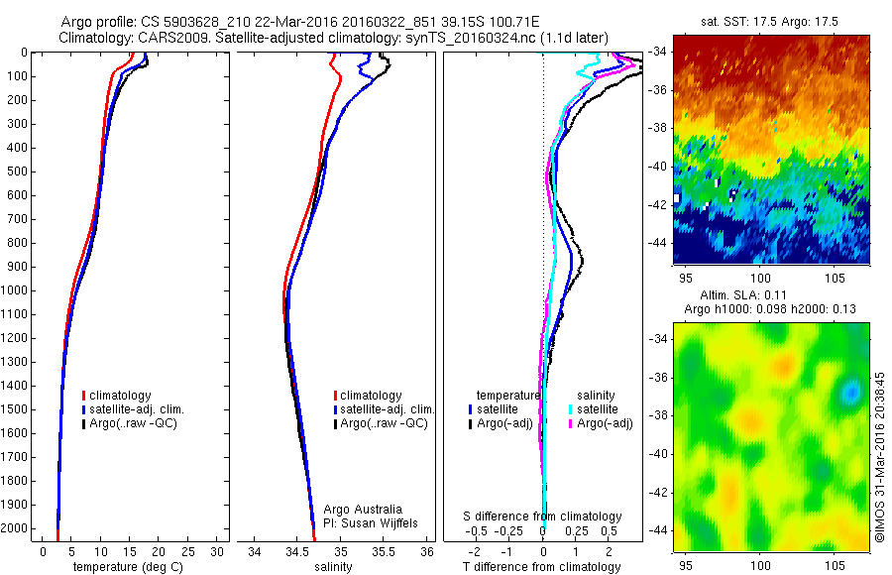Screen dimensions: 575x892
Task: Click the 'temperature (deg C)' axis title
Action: [x=125, y=567]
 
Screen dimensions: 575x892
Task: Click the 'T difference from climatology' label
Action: [x=541, y=567]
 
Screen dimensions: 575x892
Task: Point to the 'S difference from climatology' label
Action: [x=543, y=517]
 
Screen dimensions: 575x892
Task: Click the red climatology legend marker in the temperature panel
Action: [x=83, y=396]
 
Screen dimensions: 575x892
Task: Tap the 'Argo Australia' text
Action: [x=362, y=508]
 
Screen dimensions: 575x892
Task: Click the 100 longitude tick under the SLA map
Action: [x=760, y=562]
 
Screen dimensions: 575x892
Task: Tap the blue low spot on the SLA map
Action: [x=849, y=394]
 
